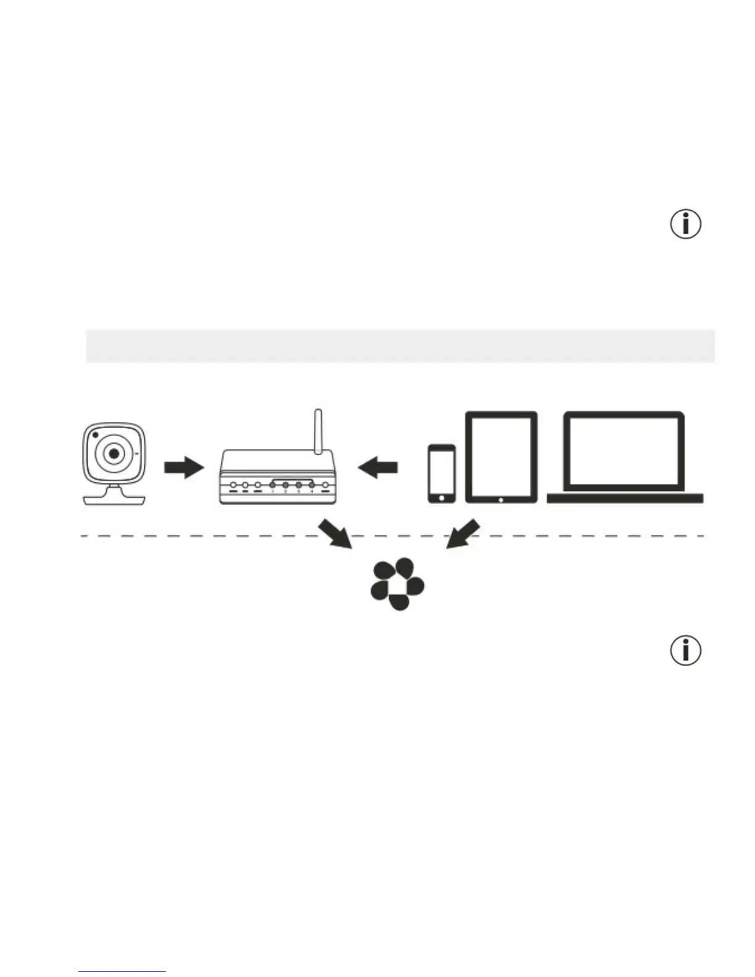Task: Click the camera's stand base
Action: (115, 499)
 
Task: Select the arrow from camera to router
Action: (183, 468)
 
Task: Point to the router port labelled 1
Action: (272, 485)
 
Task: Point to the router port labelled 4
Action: (311, 485)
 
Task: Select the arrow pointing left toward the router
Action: (377, 467)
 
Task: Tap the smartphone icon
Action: (442, 473)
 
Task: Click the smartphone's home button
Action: (442, 497)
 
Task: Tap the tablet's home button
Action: (501, 499)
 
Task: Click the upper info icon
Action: (685, 224)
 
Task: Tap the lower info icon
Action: (685, 651)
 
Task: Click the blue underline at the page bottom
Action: (122, 971)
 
